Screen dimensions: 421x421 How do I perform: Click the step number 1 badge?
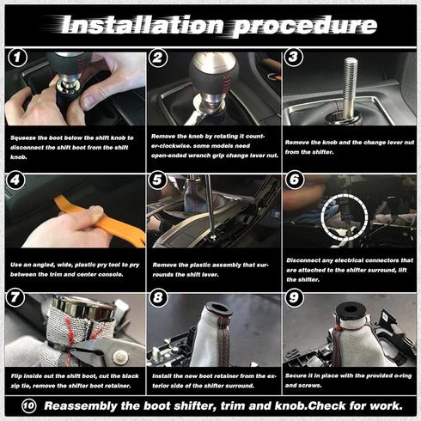[16, 58]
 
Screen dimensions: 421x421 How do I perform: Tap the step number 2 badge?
[157, 58]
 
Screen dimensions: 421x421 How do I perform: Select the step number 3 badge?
[294, 58]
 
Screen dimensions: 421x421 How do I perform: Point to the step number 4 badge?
[16, 181]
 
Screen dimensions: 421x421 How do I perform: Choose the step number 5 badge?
[157, 181]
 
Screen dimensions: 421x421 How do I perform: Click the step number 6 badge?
[294, 181]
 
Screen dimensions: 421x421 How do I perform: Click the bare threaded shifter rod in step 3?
[351, 86]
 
